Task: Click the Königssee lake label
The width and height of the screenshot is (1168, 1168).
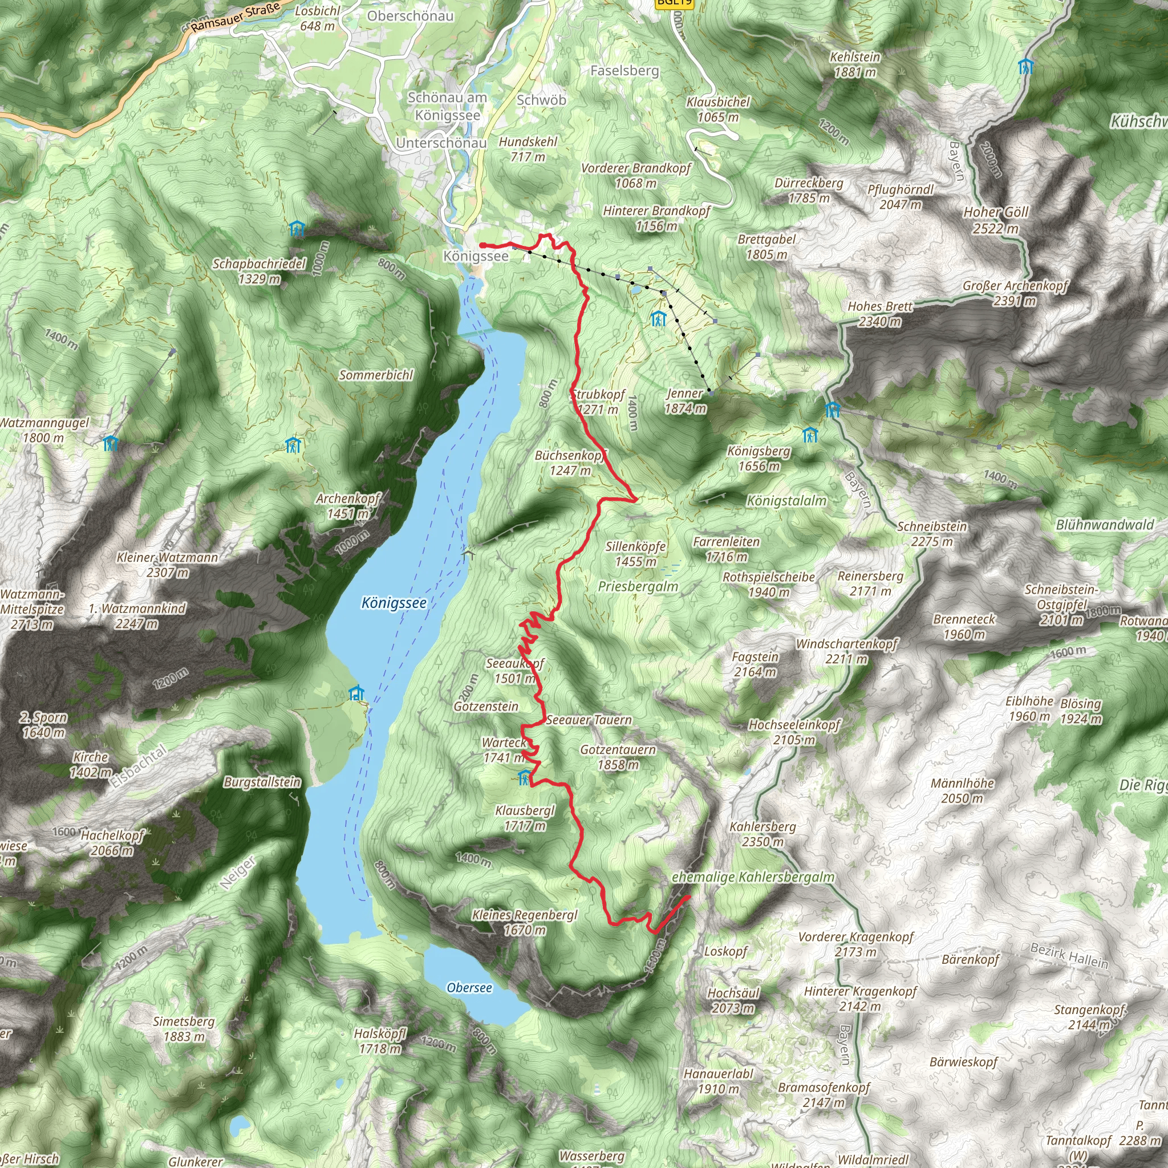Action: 394,603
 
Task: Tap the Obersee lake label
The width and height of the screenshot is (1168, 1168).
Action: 469,987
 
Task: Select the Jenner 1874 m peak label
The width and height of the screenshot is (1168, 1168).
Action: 685,401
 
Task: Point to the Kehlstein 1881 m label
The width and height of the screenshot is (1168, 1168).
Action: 855,64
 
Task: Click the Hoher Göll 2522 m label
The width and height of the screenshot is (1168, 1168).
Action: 996,220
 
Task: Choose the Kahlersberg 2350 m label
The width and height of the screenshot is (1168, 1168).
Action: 763,834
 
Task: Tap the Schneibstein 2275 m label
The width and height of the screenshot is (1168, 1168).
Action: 932,534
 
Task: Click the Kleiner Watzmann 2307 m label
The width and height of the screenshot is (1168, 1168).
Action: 168,565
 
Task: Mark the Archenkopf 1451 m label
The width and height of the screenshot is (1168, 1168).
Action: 348,506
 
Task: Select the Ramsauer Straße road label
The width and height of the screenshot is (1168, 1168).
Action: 236,18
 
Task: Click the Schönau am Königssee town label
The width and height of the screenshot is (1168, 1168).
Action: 447,106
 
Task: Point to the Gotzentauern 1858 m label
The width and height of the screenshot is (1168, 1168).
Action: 618,757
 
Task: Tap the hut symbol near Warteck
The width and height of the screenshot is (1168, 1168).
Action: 524,777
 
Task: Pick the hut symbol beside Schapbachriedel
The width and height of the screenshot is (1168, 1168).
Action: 296,229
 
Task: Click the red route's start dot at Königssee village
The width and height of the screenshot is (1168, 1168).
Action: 483,245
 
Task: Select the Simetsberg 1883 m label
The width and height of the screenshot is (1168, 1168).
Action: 184,1028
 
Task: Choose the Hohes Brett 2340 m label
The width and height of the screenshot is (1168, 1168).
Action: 879,314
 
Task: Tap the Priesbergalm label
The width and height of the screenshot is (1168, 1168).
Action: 638,586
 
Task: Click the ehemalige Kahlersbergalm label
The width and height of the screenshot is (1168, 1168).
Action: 753,877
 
